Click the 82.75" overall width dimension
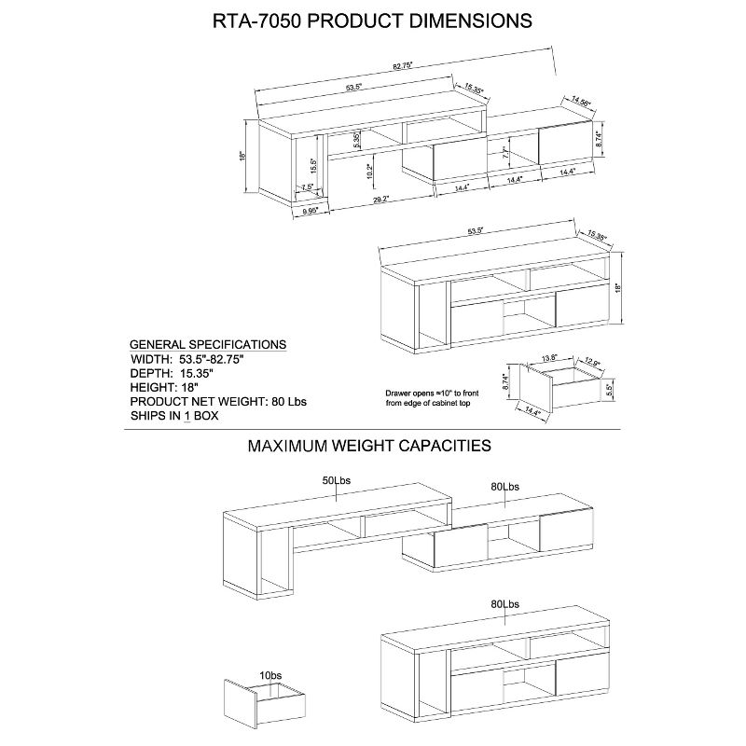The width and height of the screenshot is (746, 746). click(404, 66)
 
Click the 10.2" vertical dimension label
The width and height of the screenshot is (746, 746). click(369, 171)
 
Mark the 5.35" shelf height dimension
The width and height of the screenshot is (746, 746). click(357, 141)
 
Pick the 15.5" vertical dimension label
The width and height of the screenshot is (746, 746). click(313, 165)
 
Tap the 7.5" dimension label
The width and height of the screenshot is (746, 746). click(307, 187)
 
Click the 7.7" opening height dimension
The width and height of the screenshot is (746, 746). click(504, 153)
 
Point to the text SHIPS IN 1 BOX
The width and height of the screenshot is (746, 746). click(173, 416)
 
